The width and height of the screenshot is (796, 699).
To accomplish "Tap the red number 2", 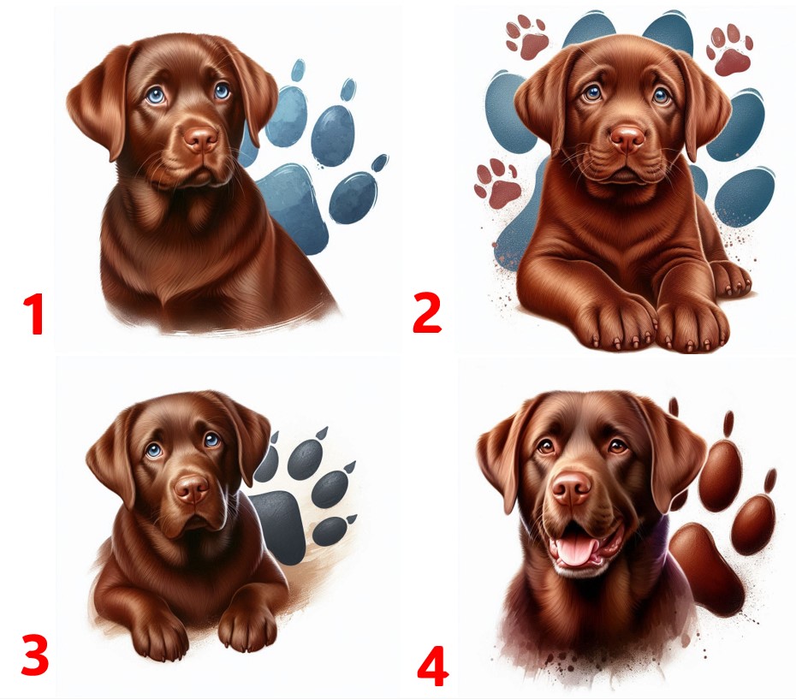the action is point(427,313).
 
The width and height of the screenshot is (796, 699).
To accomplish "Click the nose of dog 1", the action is point(200,139).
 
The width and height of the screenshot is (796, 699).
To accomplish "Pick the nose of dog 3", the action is point(192,489).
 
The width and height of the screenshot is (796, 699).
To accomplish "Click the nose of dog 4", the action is point(572,489).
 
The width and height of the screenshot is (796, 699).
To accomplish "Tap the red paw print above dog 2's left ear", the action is point(528,37).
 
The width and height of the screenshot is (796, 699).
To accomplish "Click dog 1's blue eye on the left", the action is point(155,96).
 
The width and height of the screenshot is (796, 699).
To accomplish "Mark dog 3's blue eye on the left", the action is point(154,450).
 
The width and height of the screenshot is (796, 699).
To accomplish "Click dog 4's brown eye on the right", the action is point(617,446).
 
